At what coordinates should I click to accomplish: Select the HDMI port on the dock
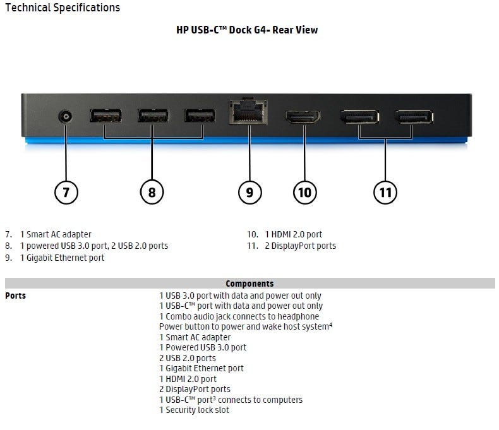(x=303, y=117)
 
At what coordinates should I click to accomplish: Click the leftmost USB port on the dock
(x=105, y=116)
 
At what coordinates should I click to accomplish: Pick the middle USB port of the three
(x=153, y=116)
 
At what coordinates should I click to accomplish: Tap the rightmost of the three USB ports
(x=200, y=116)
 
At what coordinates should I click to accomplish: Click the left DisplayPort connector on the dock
(x=359, y=117)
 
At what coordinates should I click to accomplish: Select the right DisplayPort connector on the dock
(x=414, y=117)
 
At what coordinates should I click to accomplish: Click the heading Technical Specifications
(x=62, y=8)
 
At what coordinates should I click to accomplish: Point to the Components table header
(x=249, y=284)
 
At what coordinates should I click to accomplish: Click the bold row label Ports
(x=16, y=296)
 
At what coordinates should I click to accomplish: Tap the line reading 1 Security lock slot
(x=195, y=410)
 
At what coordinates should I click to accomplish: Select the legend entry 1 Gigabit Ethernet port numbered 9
(x=63, y=258)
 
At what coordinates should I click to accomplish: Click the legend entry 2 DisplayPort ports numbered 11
(x=300, y=246)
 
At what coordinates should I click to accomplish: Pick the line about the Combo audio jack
(x=239, y=316)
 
